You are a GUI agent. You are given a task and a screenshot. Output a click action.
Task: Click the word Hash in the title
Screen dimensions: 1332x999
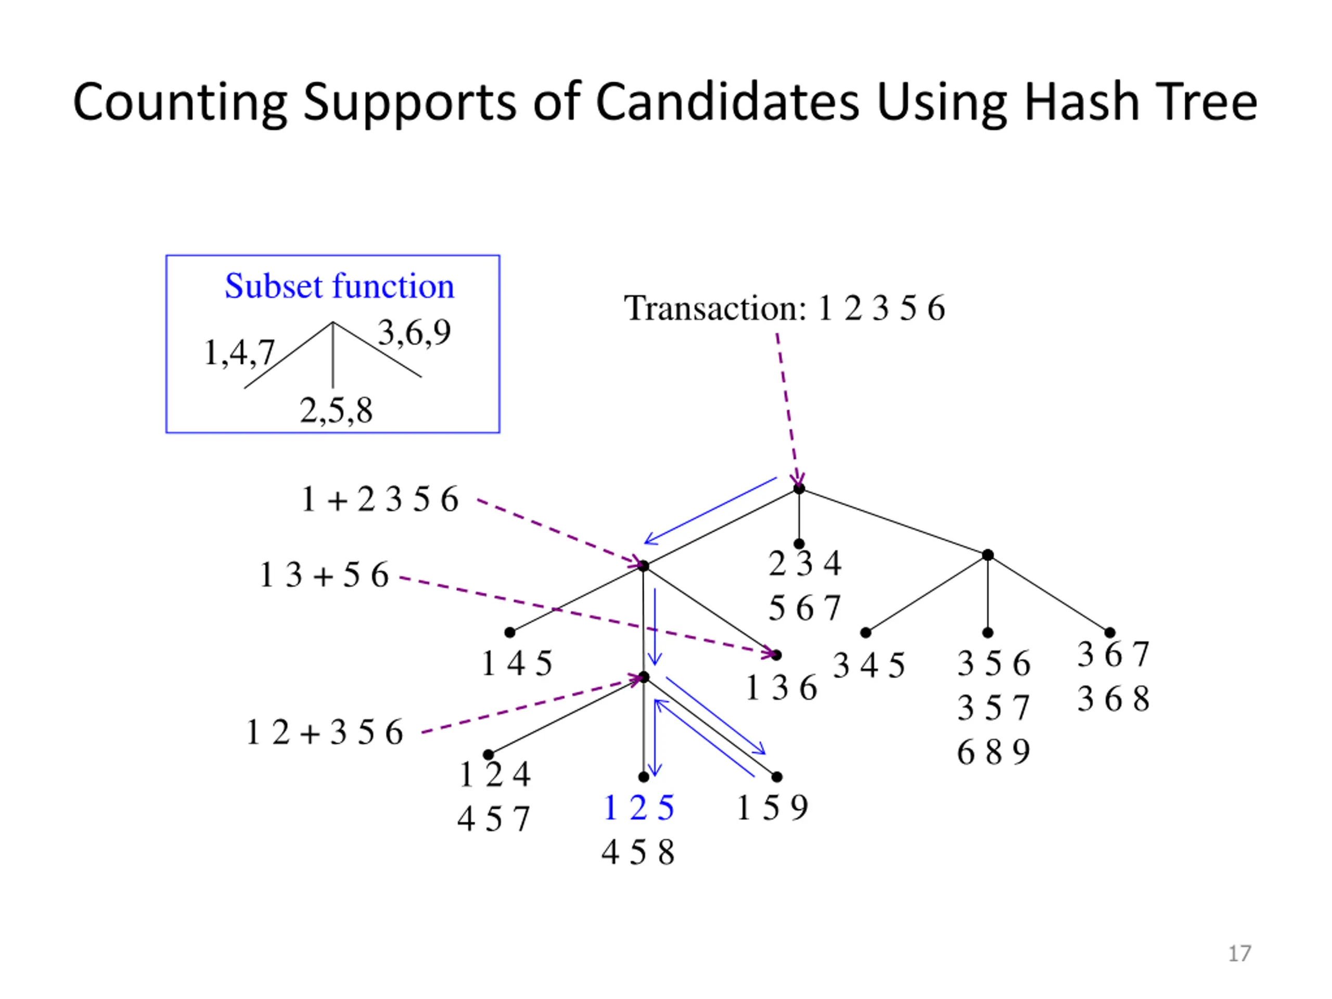click(x=1082, y=103)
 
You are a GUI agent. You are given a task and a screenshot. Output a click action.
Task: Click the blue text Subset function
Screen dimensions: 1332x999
click(x=339, y=286)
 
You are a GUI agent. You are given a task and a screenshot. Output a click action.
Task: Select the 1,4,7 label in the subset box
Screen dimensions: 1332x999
click(x=239, y=352)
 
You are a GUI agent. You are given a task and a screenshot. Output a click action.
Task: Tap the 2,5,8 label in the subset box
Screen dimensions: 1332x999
click(x=336, y=411)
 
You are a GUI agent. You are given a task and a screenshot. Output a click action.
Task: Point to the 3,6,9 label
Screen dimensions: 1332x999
click(x=414, y=332)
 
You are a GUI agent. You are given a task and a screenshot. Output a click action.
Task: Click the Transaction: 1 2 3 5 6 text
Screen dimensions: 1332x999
click(x=784, y=309)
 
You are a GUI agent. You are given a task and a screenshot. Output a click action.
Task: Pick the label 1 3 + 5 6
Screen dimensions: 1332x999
click(x=324, y=574)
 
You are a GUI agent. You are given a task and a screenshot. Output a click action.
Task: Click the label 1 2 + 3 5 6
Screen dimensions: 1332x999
click(x=325, y=733)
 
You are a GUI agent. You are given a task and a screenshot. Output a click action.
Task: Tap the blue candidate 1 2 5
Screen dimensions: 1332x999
click(x=638, y=808)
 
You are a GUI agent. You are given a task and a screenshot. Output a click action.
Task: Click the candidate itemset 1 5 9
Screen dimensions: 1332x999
click(x=772, y=808)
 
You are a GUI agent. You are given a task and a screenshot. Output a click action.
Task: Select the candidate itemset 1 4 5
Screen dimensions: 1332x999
click(x=517, y=663)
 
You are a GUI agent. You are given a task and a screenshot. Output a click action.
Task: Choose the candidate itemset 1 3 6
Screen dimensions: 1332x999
click(x=781, y=688)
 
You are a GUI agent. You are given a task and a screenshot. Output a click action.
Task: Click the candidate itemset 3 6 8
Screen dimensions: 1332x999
click(x=1113, y=699)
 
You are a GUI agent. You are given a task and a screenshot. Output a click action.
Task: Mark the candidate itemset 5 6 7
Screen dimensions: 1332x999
click(x=804, y=608)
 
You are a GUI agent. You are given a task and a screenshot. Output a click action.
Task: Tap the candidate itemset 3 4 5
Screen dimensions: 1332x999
click(x=868, y=666)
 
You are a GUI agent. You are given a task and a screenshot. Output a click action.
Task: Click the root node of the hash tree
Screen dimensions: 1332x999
click(x=799, y=489)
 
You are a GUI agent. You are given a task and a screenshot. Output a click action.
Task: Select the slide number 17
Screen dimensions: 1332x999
click(x=1239, y=954)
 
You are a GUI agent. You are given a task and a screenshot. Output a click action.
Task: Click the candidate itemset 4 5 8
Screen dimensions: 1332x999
click(x=638, y=853)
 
